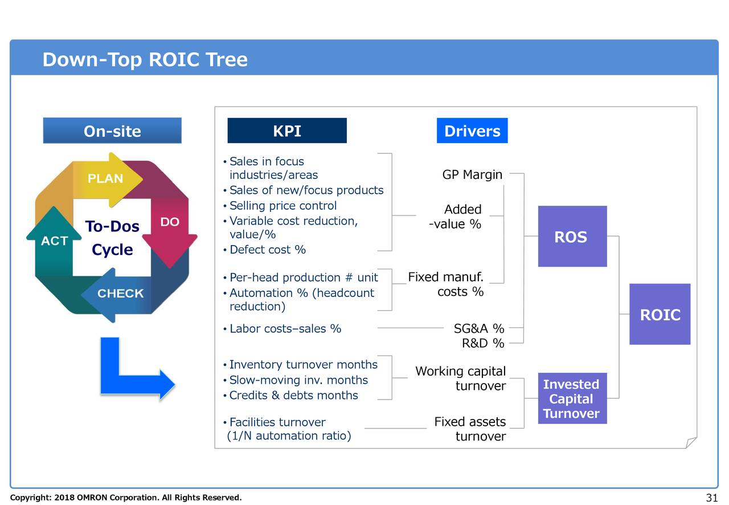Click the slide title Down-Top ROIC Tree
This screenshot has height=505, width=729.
[145, 59]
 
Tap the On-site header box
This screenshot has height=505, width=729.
[112, 131]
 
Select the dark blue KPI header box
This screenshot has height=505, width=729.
[286, 131]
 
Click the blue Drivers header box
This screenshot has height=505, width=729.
[472, 131]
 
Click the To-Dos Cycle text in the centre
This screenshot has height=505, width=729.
[112, 238]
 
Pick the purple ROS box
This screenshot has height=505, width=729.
[572, 237]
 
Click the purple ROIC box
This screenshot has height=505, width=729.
[660, 315]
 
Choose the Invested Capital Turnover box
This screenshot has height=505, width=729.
[571, 398]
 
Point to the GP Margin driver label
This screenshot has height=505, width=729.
[472, 174]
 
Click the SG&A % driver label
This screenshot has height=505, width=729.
[478, 328]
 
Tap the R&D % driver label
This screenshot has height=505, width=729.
[482, 343]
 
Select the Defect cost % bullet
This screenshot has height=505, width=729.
[267, 250]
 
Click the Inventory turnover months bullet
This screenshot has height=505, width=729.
[303, 365]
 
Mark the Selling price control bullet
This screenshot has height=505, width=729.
[282, 206]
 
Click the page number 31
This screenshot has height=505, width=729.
[711, 498]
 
